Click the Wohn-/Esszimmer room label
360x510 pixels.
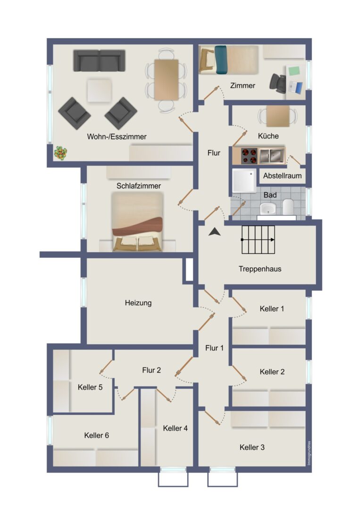(x=117, y=136)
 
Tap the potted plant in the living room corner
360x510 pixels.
(x=60, y=153)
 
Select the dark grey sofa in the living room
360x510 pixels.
(x=99, y=60)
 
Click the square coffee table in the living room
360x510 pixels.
(x=99, y=91)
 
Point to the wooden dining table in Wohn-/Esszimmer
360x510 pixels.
(x=166, y=80)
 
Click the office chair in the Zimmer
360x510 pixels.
(x=278, y=83)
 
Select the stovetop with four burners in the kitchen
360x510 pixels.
(x=249, y=156)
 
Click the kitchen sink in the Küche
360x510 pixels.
(x=272, y=155)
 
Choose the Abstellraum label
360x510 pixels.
(x=282, y=176)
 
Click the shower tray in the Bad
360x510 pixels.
(x=244, y=180)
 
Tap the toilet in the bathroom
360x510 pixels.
(x=288, y=207)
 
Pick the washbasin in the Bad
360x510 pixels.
(x=268, y=208)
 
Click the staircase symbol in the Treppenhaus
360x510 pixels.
(x=258, y=240)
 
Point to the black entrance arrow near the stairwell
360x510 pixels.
(x=214, y=231)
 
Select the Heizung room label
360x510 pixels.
(x=138, y=303)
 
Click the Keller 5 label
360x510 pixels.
(x=90, y=387)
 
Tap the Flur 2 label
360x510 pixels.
(x=151, y=370)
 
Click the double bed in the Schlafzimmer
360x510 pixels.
(x=137, y=221)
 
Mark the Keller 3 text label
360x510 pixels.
(x=252, y=447)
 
